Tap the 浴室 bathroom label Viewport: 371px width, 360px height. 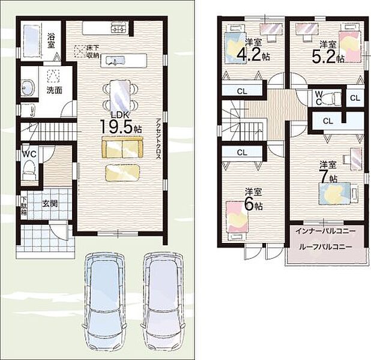[x=51, y=40]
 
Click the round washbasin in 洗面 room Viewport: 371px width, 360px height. [x=28, y=88]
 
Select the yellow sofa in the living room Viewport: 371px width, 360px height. [x=122, y=147]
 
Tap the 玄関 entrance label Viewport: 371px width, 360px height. [x=50, y=203]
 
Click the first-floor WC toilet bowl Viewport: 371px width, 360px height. [x=28, y=168]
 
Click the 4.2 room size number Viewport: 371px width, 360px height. [x=249, y=55]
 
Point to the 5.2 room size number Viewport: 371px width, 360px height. [x=324, y=57]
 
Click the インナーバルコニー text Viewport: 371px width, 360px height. [x=325, y=231]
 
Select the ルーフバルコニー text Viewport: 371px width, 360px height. [x=325, y=247]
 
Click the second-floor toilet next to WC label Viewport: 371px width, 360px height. [x=332, y=98]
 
